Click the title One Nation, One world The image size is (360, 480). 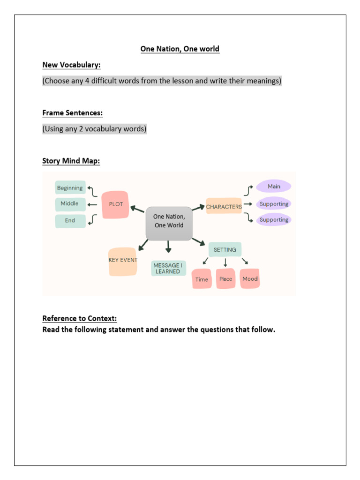(x=180, y=49)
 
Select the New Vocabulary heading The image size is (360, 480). (x=71, y=65)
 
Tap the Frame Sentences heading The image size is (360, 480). (x=73, y=113)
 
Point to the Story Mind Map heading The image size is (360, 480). (x=71, y=161)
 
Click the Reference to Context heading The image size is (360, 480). (x=80, y=318)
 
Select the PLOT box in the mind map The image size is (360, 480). (x=115, y=204)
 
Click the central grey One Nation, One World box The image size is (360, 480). (x=169, y=224)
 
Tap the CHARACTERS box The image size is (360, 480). (x=224, y=206)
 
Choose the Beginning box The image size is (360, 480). (x=70, y=187)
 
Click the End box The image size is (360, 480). (x=70, y=221)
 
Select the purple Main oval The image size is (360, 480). (x=274, y=186)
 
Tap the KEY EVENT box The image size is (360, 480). (x=123, y=262)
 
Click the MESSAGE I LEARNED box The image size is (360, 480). (x=168, y=268)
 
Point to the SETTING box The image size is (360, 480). (x=225, y=249)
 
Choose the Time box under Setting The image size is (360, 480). (x=202, y=279)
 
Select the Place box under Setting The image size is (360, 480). (x=225, y=278)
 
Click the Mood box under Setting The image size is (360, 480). (x=250, y=278)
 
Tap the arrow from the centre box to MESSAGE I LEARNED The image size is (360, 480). (x=168, y=247)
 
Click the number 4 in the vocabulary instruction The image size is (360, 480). (x=87, y=81)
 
